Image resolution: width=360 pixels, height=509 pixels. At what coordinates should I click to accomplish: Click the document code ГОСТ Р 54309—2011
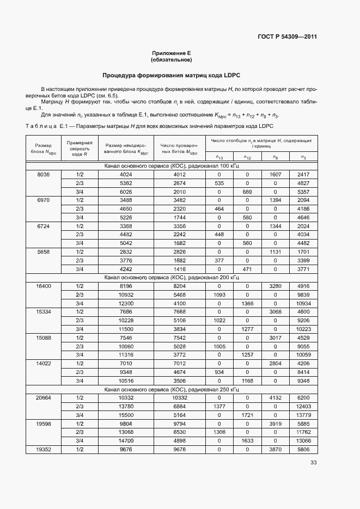287,37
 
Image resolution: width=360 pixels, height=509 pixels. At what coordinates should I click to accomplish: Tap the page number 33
313,463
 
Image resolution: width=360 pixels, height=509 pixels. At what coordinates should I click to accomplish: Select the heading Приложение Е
172,53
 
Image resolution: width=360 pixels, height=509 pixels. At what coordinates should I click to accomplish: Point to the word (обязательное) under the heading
172,60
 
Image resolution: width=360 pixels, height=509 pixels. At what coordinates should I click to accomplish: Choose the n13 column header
219,157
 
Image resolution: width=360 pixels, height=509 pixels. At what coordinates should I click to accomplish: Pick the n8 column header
275,157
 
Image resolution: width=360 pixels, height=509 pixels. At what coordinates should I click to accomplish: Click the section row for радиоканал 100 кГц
172,165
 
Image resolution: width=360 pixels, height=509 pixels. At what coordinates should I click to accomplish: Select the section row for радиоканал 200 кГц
172,277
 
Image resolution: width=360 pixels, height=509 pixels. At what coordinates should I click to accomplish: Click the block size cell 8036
44,174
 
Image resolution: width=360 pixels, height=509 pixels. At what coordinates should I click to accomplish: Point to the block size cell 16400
44,286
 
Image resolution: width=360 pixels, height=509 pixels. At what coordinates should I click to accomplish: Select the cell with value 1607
275,174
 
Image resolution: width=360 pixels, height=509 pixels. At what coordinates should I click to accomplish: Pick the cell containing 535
219,183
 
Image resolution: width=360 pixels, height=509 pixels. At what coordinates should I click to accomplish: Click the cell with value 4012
180,174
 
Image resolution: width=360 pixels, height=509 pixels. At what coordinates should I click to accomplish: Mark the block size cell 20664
44,397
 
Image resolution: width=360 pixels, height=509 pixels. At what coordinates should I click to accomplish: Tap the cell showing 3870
275,449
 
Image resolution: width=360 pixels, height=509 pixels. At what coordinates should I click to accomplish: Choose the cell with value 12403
303,406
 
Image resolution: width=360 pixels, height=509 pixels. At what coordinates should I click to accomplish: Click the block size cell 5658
44,252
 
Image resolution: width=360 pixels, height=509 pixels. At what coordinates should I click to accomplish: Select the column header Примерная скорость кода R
80,149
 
